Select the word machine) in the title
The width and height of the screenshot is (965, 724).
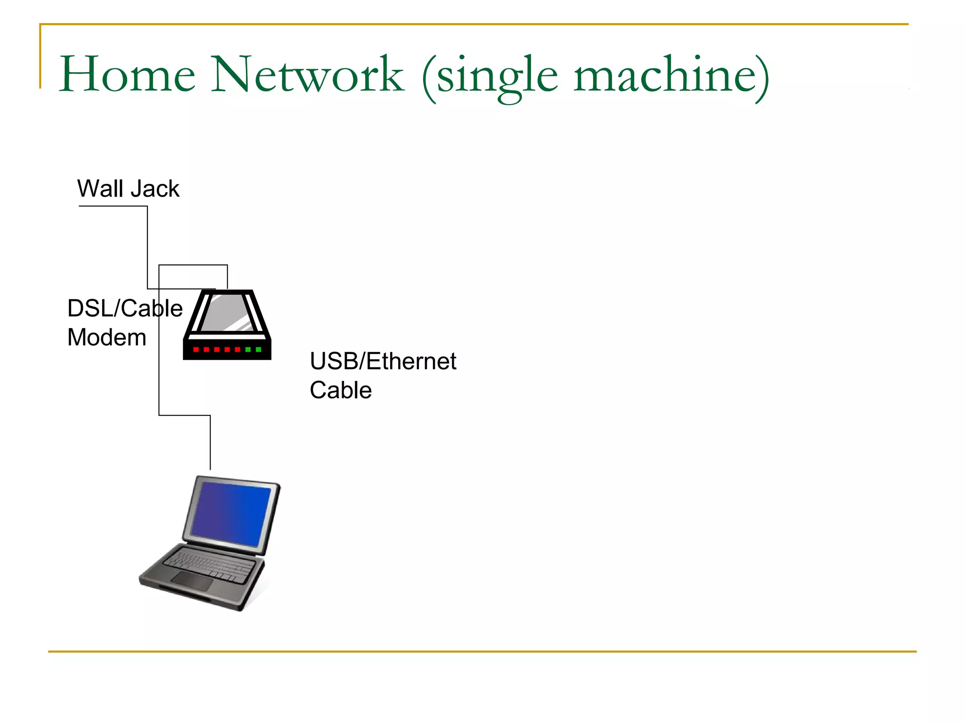point(671,75)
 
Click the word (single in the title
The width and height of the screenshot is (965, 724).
point(490,78)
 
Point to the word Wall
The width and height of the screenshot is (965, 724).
point(100,189)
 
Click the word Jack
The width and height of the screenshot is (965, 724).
point(155,189)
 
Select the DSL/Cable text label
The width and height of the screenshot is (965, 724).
point(124,309)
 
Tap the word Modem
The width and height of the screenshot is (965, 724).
point(106,338)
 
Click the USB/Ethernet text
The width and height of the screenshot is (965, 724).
point(383,362)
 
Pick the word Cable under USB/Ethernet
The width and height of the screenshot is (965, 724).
point(340,391)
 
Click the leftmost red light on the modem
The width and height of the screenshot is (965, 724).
point(196,350)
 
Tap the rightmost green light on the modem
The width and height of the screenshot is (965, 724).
point(258,350)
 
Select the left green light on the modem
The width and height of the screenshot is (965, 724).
point(248,350)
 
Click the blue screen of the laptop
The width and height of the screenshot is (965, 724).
point(231,514)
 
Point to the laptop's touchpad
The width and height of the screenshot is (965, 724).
point(192,581)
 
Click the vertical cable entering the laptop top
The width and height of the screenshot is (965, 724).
point(210,443)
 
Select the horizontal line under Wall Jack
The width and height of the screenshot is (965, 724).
point(113,206)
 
